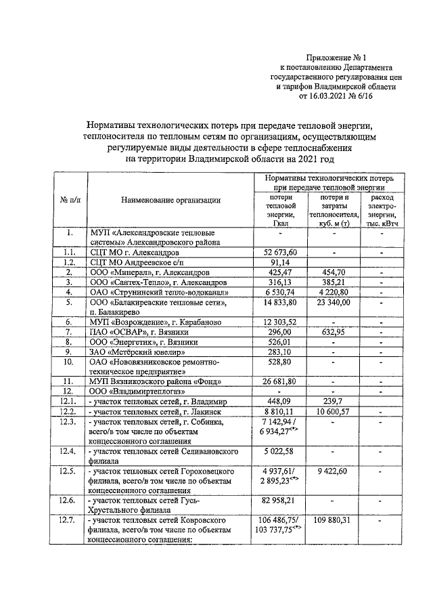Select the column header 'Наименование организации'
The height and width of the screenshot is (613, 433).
[x=170, y=200]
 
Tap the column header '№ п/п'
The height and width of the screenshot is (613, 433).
[x=70, y=200]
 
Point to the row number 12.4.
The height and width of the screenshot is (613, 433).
[x=69, y=450]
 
